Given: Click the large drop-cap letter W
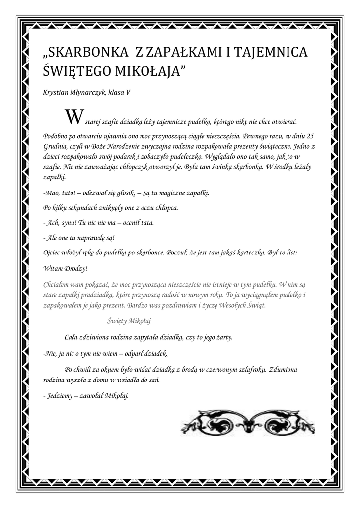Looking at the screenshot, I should coord(72,117).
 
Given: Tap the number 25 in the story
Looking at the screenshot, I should coord(311,135).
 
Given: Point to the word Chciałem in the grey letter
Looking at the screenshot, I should coord(59,284).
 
